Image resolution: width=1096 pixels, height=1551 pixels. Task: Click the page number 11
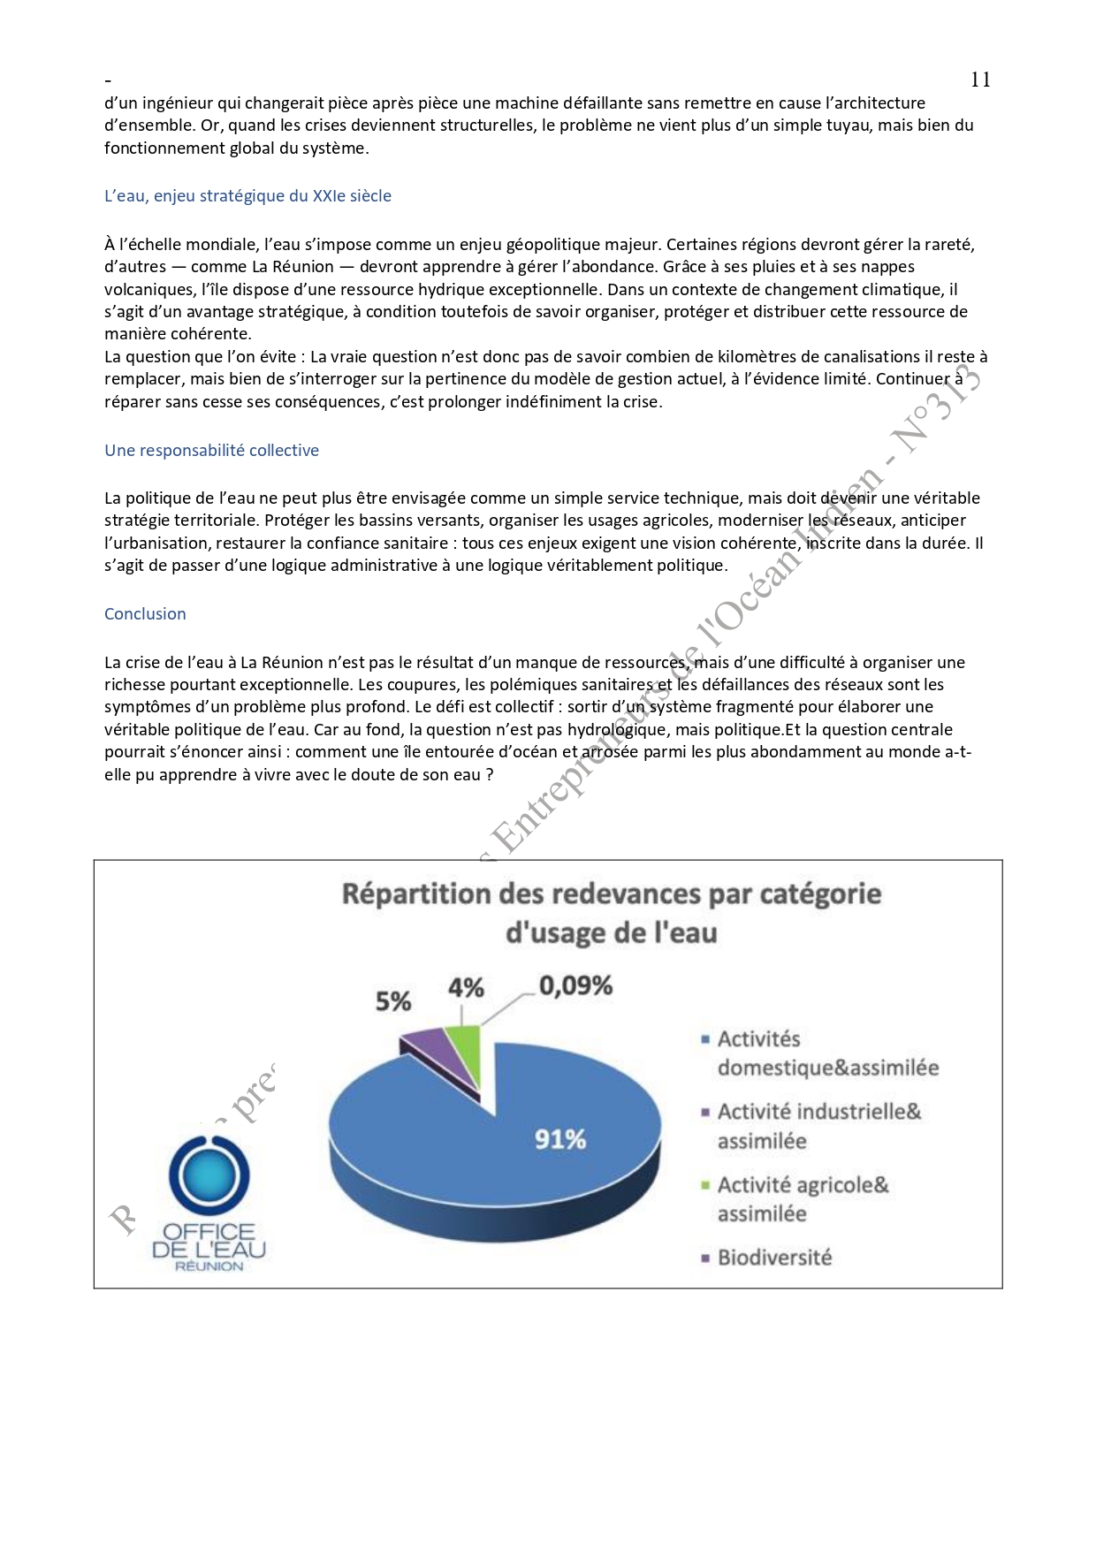[x=980, y=80]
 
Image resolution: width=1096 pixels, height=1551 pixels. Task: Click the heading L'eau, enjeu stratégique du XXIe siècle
[x=247, y=196]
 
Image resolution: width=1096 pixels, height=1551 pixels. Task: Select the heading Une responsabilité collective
[x=211, y=451]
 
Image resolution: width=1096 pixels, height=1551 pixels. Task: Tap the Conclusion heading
[x=145, y=614]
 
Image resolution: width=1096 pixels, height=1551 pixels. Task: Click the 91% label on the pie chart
[x=559, y=1139]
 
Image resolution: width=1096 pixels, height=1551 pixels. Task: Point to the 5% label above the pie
[x=393, y=1001]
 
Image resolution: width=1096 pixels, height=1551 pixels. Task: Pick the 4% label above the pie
[x=466, y=987]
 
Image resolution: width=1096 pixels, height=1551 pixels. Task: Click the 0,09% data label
[x=575, y=985]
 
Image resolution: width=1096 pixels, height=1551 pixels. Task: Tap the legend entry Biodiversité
[x=773, y=1258]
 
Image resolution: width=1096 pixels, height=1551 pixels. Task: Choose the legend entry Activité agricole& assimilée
[x=802, y=1199]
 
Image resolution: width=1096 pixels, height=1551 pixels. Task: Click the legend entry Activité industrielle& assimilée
[x=818, y=1126]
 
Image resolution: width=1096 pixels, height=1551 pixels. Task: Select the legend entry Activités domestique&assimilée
[x=826, y=1053]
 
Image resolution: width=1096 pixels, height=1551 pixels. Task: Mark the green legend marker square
[x=705, y=1185]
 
